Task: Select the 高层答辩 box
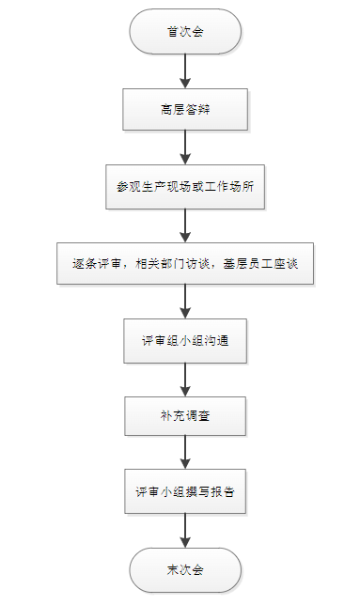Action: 185,109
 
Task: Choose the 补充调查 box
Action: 185,416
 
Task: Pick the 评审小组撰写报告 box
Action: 185,492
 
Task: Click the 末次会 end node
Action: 185,568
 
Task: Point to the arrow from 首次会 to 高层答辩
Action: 185,70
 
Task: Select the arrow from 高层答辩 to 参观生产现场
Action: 185,147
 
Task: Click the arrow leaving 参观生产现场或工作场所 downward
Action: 185,224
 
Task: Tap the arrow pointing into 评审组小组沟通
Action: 185,301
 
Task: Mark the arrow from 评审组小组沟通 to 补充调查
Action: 185,378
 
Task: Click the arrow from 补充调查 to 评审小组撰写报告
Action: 185,454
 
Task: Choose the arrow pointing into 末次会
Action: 185,530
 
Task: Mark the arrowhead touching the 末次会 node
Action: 185,542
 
